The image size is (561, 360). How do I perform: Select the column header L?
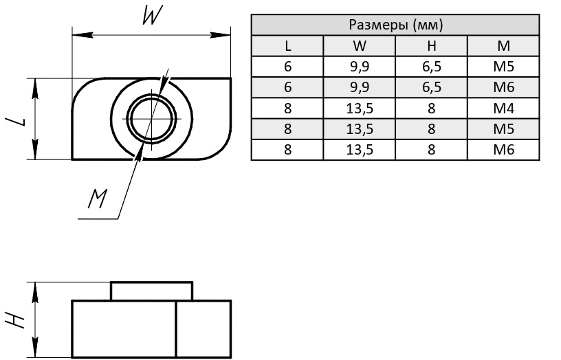[x=287, y=46]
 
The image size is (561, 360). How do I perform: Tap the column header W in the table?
[x=359, y=46]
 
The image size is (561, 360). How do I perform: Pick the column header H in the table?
[x=431, y=46]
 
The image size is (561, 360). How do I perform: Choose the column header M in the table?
[x=503, y=46]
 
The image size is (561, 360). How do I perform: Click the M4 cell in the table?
[x=503, y=109]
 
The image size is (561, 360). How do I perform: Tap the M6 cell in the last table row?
[x=503, y=150]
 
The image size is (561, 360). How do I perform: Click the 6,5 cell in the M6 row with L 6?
[x=431, y=87]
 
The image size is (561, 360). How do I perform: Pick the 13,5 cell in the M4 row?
[x=359, y=109]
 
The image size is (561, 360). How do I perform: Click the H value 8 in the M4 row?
[x=431, y=109]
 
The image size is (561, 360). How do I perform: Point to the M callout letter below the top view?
[x=98, y=199]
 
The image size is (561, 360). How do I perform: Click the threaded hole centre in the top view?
[x=151, y=119]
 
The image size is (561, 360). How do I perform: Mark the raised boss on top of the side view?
[x=151, y=291]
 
